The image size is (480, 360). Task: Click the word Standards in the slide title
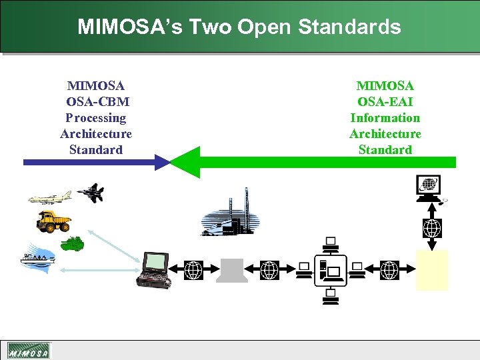click(x=349, y=27)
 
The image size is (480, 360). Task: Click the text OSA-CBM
click(x=97, y=102)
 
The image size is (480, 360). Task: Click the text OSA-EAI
click(x=385, y=102)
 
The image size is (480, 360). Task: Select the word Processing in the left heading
click(x=96, y=118)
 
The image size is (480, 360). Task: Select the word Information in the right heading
click(x=385, y=118)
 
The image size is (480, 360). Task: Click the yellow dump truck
click(x=53, y=221)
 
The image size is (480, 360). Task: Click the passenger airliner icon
click(x=49, y=197)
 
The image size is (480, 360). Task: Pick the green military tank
click(x=72, y=244)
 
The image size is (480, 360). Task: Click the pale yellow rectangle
click(x=431, y=270)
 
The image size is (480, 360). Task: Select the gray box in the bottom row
click(x=232, y=270)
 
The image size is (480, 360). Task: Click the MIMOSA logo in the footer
click(x=29, y=351)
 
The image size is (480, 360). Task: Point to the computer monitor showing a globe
click(x=428, y=187)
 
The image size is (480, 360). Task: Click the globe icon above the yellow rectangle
click(x=432, y=229)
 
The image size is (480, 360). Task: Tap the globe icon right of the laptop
click(x=193, y=270)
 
